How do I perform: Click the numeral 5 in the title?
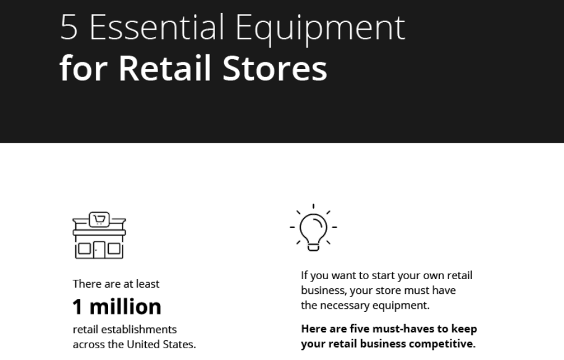[69, 27]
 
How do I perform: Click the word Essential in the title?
[157, 27]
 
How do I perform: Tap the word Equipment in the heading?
[320, 30]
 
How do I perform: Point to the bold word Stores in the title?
[275, 69]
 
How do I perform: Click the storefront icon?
[99, 235]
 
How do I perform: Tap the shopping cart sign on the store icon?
[99, 219]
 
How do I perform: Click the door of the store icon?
[99, 249]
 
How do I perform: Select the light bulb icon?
[313, 227]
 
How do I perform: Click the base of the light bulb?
[313, 247]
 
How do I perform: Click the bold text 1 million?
[117, 307]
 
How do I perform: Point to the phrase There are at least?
[116, 284]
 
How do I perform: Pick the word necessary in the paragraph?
[345, 306]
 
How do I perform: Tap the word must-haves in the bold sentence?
[400, 329]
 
